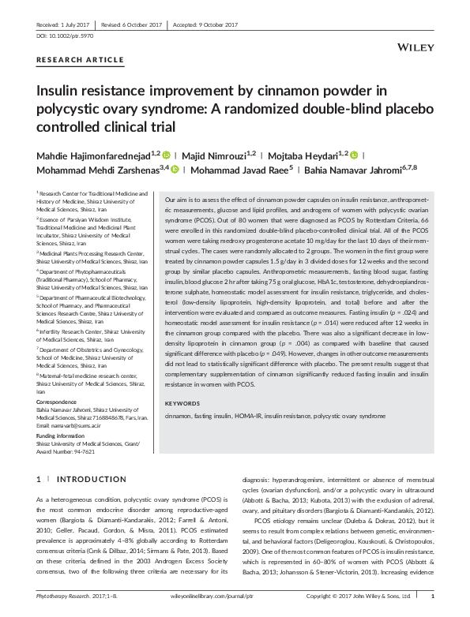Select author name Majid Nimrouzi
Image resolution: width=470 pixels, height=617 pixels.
pos(222,154)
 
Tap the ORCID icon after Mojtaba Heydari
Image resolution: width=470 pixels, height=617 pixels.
pos(354,154)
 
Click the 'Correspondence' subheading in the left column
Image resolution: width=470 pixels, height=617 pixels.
pos(56,379)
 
